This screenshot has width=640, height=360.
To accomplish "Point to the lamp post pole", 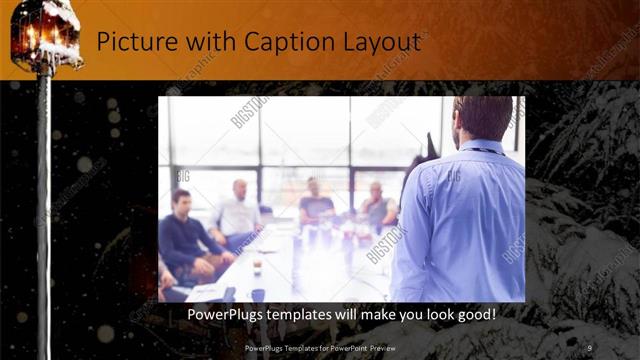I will click(44, 200).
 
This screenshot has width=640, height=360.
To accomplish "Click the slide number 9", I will click(590, 347).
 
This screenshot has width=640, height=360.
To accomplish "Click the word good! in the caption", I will click(473, 314).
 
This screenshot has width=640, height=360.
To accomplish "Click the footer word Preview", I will click(393, 347).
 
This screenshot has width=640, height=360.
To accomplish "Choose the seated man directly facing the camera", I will click(316, 204).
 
